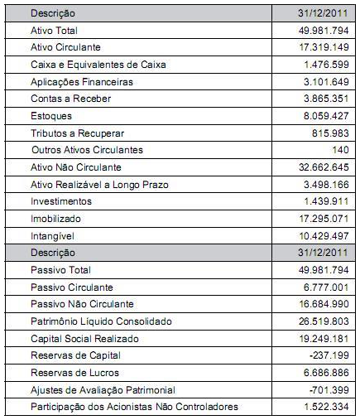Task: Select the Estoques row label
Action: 50,117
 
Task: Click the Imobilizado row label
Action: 55,219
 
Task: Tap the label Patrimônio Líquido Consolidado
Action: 100,321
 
